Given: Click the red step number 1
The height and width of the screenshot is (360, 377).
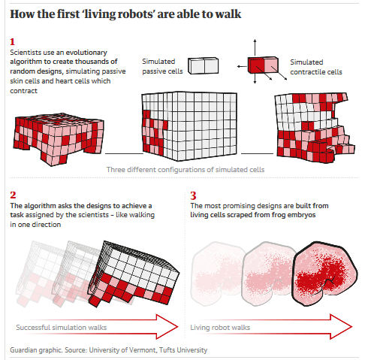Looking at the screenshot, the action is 12,41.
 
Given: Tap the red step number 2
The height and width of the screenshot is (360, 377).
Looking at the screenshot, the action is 13,195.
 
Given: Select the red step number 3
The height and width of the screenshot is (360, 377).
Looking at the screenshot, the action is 193,195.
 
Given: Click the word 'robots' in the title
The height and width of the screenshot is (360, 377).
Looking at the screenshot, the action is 135,14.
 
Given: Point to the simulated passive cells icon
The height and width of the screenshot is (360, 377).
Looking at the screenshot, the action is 203,66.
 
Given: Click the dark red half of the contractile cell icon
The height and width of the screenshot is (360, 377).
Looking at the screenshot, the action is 256,65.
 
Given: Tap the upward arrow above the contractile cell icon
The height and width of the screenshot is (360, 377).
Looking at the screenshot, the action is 255,47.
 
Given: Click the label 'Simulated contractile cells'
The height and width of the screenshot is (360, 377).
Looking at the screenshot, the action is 316,67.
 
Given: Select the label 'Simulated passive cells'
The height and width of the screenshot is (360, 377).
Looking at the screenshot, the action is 162,66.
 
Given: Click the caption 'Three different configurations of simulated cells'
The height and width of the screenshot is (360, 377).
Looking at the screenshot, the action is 185,170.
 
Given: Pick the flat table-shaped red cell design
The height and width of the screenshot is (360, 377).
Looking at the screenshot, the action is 59,139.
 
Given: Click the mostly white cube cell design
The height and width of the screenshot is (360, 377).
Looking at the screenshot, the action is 189,126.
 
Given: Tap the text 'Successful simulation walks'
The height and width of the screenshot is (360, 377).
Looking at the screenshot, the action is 62,328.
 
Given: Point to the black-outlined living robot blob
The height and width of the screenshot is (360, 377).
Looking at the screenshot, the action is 325,274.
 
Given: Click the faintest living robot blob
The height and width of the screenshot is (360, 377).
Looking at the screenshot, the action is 217,274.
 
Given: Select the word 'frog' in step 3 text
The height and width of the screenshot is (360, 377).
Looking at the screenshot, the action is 279,215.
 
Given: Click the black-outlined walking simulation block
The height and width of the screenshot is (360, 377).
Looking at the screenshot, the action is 134,274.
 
